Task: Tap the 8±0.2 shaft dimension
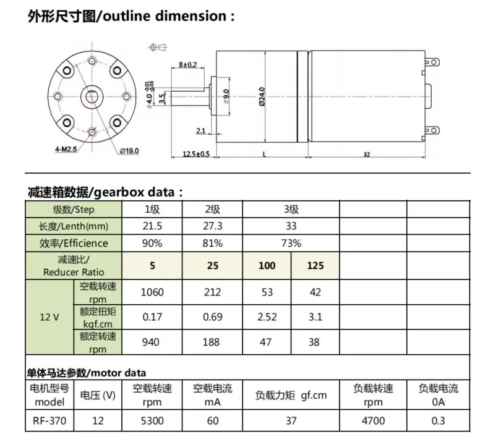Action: click(187, 64)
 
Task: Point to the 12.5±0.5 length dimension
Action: click(196, 154)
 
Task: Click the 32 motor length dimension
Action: click(367, 155)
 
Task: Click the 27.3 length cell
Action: click(212, 226)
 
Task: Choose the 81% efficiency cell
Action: click(212, 243)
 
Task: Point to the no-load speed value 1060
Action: click(151, 292)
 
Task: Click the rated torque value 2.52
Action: click(267, 317)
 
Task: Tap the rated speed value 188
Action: click(212, 343)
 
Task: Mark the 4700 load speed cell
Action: click(373, 421)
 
